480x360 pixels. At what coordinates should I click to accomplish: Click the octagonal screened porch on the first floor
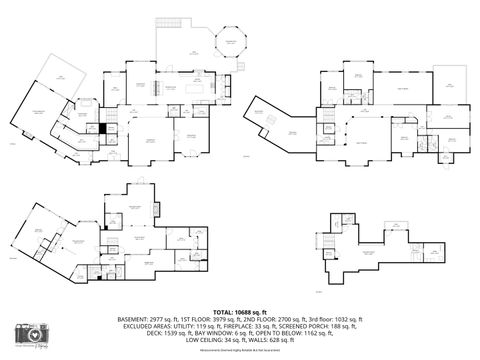pos(232,45)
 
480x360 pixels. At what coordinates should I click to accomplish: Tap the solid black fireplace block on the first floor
pos(103,128)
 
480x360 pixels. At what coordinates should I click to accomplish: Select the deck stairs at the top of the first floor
pos(171,23)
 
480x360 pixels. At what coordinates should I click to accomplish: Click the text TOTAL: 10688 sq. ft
pos(240,311)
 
